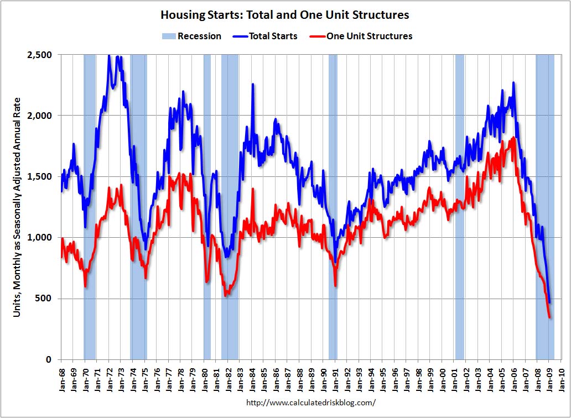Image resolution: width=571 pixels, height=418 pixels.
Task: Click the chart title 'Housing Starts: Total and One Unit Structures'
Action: coord(285,14)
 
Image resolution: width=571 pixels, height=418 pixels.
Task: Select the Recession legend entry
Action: coord(191,36)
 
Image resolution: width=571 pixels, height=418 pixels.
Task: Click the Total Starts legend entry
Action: coord(264,36)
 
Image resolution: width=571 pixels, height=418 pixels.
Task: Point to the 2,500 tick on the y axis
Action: coord(39,55)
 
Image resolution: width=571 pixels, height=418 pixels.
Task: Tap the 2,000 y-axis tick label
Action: coord(39,116)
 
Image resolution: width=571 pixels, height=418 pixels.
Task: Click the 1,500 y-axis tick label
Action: coord(39,176)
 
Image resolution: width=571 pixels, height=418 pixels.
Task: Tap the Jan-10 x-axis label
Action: coord(561,379)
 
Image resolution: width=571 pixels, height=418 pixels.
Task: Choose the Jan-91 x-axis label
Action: coord(335,379)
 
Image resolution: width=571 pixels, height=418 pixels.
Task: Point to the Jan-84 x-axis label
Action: coord(252,379)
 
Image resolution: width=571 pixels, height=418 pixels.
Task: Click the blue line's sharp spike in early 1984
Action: coord(253,85)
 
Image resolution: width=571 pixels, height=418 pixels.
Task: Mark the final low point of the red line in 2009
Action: coord(549,317)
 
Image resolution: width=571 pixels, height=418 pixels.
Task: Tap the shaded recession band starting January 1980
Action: coord(207,207)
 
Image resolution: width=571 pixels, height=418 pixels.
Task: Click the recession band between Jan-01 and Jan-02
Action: coord(459,207)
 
